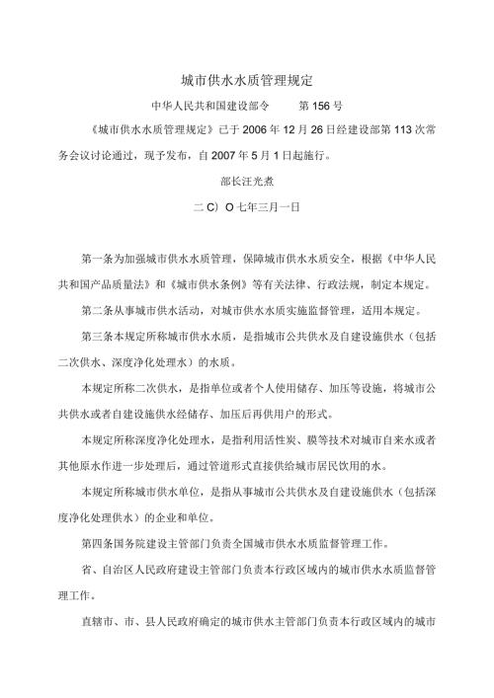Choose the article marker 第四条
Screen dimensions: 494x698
[x=99, y=543]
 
